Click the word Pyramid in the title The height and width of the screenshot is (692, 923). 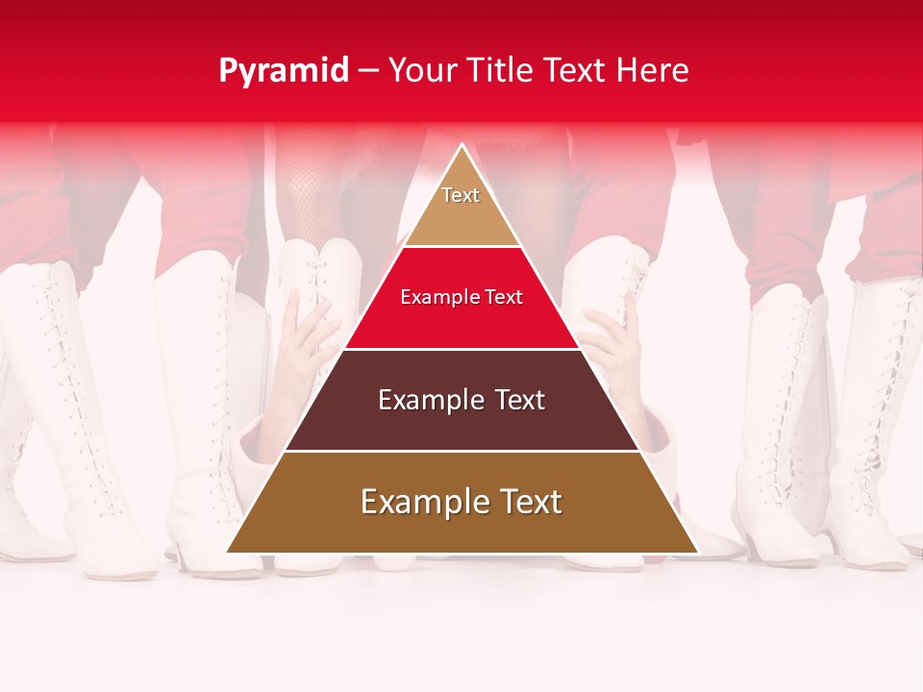point(284,71)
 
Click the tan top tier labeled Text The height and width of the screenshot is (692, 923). point(461,207)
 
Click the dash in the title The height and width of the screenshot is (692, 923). point(368,71)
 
